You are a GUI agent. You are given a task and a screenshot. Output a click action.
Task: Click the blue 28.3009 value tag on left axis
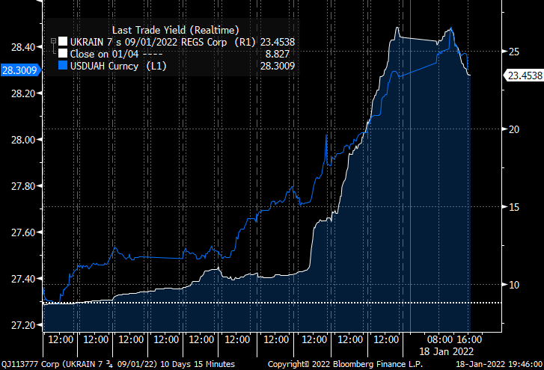21,70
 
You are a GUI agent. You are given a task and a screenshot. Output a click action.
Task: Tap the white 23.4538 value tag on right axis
524,75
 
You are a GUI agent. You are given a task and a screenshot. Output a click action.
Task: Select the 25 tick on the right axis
514,51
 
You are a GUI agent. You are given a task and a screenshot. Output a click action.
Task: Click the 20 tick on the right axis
514,129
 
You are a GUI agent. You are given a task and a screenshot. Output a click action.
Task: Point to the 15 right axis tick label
514,206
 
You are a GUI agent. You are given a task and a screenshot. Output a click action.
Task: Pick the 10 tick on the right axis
514,284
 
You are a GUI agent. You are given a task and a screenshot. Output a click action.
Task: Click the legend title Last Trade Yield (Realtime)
175,29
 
